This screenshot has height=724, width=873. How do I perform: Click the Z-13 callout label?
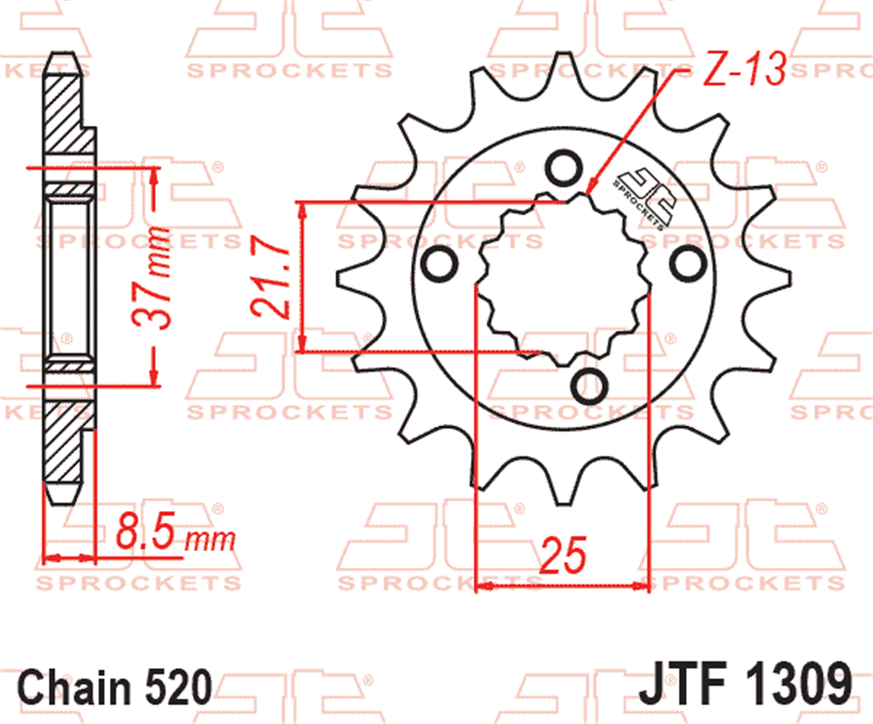click(x=745, y=70)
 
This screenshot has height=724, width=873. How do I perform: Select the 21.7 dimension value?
click(x=271, y=277)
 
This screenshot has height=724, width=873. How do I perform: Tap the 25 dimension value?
click(x=563, y=555)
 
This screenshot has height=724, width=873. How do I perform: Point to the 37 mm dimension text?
click(x=152, y=277)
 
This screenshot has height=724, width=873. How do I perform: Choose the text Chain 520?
click(x=114, y=686)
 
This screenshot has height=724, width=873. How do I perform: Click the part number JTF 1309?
click(x=745, y=683)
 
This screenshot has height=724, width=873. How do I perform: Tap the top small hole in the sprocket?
click(x=564, y=168)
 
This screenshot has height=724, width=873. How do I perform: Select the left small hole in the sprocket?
click(x=439, y=265)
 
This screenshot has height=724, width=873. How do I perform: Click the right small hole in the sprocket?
click(x=688, y=264)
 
